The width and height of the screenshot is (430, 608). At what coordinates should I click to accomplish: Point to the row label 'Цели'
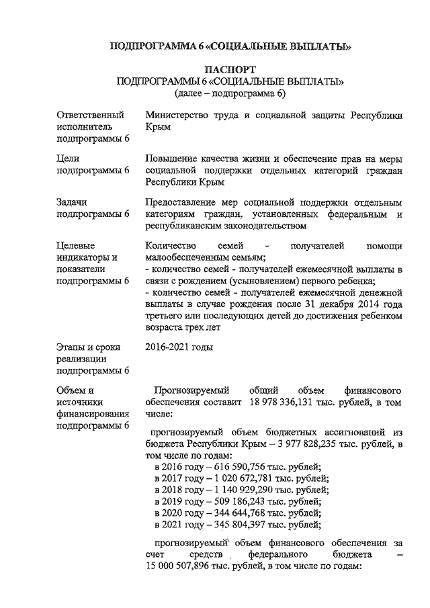[x=68, y=159]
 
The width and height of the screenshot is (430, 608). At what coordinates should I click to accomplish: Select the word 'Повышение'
[x=172, y=159]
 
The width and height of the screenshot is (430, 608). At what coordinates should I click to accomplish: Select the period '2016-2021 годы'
[x=179, y=347]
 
